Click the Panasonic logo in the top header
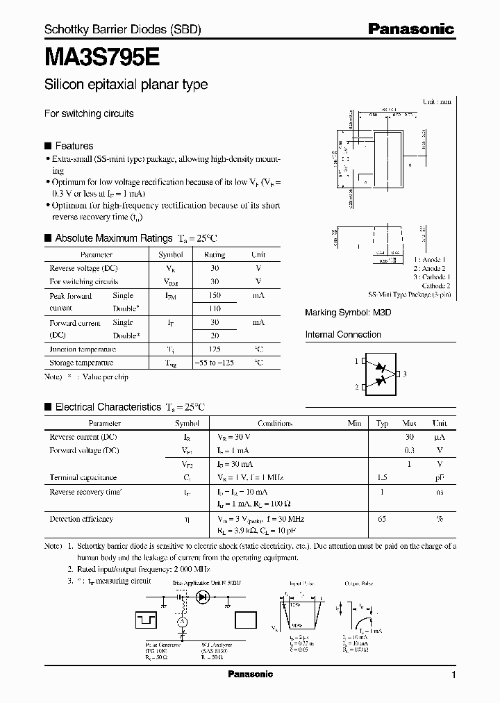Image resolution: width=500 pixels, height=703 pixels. tap(410, 29)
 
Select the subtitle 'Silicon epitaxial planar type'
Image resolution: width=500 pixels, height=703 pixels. tap(126, 85)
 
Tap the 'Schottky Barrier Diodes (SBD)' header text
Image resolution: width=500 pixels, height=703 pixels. tap(122, 30)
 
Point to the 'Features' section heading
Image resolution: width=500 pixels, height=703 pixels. tap(74, 146)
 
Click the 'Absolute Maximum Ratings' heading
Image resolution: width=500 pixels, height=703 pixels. tap(112, 238)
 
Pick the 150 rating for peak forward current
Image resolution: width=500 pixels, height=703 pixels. tap(215, 296)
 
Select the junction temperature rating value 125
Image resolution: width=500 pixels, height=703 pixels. tap(215, 349)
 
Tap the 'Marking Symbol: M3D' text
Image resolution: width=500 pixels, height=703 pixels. tap(348, 313)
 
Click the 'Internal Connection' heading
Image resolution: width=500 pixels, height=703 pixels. tap(343, 335)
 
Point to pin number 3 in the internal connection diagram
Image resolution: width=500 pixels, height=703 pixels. tap(405, 374)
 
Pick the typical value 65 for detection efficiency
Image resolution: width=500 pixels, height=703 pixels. tap(382, 519)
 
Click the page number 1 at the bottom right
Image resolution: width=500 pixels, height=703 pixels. tap(453, 675)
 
